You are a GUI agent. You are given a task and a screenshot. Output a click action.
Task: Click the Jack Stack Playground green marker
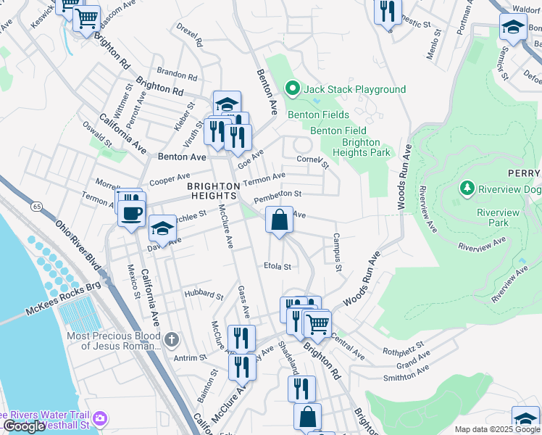[293, 89]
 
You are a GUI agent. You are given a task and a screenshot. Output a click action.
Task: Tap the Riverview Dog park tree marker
[467, 189]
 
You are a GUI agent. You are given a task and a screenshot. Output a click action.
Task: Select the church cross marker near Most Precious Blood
[171, 339]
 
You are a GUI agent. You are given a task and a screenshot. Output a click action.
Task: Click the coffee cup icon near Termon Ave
[132, 213]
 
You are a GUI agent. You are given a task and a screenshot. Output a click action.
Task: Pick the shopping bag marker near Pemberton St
[279, 219]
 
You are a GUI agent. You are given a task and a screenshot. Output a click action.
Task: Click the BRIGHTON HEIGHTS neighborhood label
[212, 191]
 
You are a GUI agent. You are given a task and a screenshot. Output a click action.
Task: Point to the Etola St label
[277, 266]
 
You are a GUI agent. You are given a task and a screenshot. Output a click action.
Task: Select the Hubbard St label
[203, 295]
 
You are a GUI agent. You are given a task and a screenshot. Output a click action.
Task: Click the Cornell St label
[312, 161]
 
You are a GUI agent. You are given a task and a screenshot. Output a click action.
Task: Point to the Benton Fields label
[318, 115]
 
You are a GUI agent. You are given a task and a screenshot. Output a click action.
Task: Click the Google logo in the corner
[24, 427]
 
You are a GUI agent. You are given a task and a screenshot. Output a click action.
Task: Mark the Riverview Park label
[498, 217]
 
